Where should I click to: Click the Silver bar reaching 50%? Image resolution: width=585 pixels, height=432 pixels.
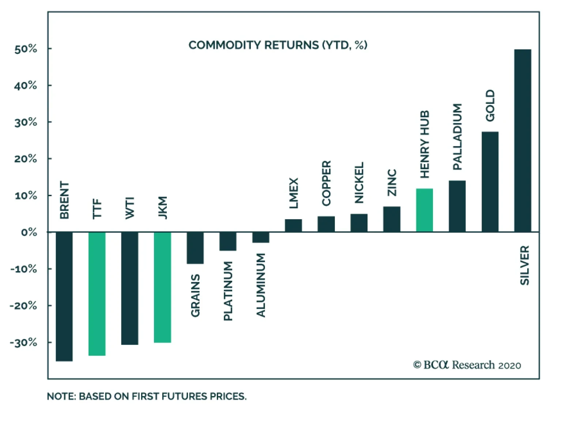coord(522,140)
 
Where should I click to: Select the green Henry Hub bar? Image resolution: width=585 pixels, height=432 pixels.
coord(424,210)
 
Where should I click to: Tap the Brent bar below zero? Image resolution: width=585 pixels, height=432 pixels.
coord(64,296)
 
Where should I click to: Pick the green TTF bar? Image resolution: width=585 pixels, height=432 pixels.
coord(97,293)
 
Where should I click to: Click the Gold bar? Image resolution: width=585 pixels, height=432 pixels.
coord(490,182)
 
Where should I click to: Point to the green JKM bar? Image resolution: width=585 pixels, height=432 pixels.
coord(162,287)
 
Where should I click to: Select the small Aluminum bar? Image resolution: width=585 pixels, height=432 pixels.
coord(261,237)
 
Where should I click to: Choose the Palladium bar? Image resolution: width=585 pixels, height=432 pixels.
coord(457,206)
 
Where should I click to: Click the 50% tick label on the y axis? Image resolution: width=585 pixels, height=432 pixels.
coord(26,49)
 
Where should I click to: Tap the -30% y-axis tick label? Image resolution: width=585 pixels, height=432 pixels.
coord(23,342)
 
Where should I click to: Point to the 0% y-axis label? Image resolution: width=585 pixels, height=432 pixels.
coord(29,232)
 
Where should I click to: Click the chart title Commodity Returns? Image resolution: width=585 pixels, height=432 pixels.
coord(278,45)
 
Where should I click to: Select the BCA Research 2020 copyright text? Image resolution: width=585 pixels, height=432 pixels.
coord(467,365)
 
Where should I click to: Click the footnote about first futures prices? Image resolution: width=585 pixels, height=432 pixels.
coord(147,396)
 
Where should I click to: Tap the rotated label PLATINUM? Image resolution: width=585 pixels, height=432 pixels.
coord(228,291)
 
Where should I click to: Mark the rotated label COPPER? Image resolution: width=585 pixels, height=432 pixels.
coord(326,183)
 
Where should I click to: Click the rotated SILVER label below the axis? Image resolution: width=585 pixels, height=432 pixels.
coord(525,265)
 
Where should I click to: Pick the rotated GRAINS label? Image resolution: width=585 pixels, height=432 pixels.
coord(195,295)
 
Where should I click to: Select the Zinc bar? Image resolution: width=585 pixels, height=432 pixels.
coord(392,219)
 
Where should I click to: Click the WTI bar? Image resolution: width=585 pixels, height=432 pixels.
coord(129,288)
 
